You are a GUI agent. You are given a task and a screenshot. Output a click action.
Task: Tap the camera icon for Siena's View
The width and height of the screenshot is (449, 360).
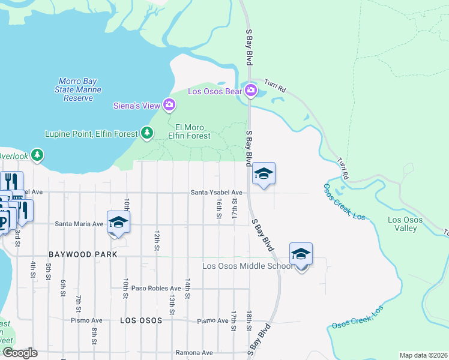[x=169, y=106]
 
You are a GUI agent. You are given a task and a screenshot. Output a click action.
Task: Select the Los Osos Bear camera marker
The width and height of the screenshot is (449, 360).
[x=251, y=91]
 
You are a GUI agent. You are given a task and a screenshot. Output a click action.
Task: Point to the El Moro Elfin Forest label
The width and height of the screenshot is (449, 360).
[x=193, y=131]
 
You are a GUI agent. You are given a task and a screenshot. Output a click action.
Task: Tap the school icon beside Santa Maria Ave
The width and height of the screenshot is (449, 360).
[x=118, y=222]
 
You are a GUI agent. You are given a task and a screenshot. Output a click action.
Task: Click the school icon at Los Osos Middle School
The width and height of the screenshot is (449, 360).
[x=301, y=254]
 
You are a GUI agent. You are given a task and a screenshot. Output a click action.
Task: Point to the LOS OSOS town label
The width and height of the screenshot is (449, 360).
[x=141, y=320]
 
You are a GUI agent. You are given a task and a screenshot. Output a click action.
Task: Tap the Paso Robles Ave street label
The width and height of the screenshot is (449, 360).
[x=156, y=288]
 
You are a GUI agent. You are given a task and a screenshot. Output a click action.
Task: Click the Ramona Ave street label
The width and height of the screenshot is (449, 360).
[x=194, y=353]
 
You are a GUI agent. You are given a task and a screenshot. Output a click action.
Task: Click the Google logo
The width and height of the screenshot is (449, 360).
[x=19, y=353]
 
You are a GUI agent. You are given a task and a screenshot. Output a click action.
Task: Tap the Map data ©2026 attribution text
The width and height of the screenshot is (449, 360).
[x=423, y=355]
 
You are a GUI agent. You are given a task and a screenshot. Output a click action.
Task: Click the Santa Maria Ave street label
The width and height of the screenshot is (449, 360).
[x=79, y=224]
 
